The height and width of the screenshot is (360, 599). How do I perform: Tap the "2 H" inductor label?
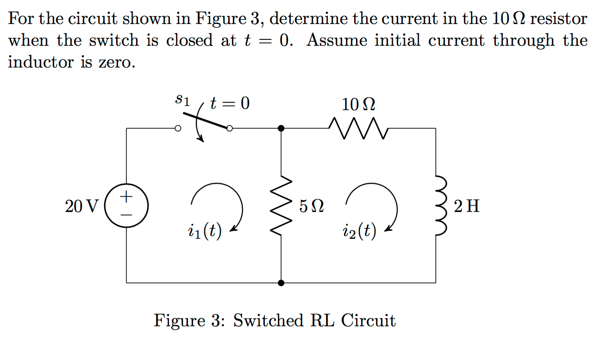tap(467, 206)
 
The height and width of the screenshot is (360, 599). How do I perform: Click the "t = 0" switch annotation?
tap(230, 103)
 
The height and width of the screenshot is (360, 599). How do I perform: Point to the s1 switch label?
tap(183, 100)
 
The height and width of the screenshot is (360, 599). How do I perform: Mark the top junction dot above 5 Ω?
tap(281, 128)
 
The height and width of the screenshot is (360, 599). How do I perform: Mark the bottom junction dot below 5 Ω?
tap(281, 282)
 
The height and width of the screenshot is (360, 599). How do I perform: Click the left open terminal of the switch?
tap(177, 129)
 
